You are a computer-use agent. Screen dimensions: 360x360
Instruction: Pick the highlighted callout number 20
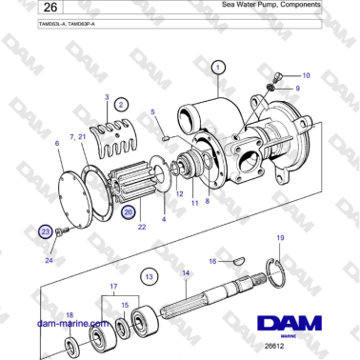[x=130, y=215]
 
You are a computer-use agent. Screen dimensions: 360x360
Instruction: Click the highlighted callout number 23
[x=44, y=231]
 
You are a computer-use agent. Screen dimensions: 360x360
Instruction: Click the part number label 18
[x=68, y=314]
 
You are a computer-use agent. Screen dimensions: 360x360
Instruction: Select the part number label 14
[x=186, y=273]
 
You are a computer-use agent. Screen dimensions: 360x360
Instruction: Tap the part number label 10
[x=306, y=74]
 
